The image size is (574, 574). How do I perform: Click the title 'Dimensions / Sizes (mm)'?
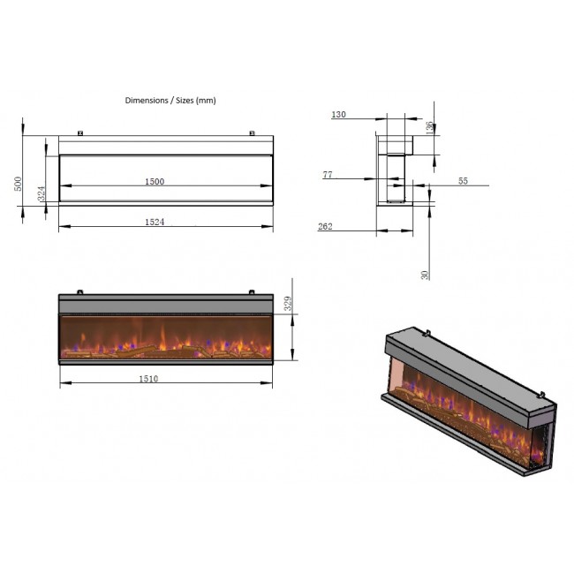click(170, 101)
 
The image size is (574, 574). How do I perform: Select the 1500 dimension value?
click(155, 182)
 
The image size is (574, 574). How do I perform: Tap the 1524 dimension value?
click(155, 222)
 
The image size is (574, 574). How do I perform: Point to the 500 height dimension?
click(18, 184)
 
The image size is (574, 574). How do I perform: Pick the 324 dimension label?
click(42, 193)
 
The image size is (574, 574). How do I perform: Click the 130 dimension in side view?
click(338, 115)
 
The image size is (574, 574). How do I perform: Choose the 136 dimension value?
click(430, 128)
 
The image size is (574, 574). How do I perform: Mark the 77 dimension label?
click(328, 175)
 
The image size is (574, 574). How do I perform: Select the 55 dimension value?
click(463, 181)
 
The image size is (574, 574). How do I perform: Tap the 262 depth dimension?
click(325, 227)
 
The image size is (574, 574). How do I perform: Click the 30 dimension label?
click(425, 275)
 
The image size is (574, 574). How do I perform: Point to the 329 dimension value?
click(288, 304)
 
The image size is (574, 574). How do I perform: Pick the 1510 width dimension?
click(148, 379)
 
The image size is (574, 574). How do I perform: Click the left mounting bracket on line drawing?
click(80, 133)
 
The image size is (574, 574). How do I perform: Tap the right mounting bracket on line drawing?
click(252, 133)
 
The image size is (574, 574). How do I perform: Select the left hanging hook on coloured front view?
click(79, 291)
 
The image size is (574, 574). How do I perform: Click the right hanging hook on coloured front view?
click(252, 291)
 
